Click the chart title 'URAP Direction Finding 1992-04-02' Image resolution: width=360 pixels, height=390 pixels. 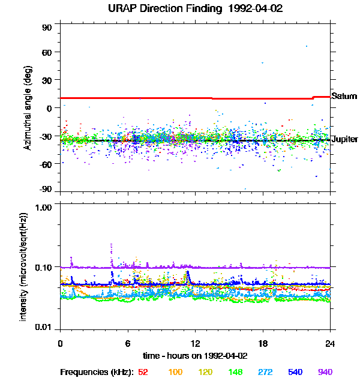pos(196,9)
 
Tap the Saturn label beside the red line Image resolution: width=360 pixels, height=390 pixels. pos(344,97)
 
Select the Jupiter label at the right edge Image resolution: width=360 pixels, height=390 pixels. pos(345,139)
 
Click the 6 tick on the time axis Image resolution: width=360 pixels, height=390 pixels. pos(128,343)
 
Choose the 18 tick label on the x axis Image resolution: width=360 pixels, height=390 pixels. pos(263,343)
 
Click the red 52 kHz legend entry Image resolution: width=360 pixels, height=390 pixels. pos(143,372)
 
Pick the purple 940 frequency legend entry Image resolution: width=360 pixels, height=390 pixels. pos(325,372)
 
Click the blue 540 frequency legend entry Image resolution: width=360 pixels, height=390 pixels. pos(295,372)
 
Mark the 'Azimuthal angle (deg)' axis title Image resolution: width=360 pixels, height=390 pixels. pos(28,107)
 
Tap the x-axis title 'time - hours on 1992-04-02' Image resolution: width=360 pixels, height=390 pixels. pos(196,356)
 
